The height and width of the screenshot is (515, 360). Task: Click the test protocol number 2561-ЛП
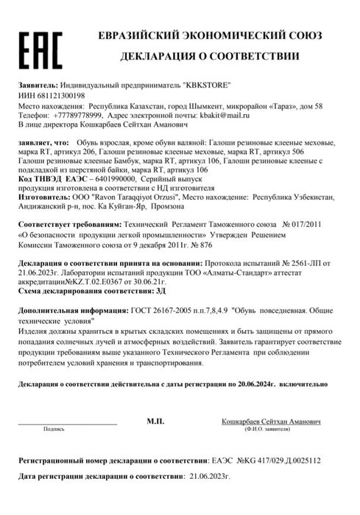pyautogui.click(x=315, y=264)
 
